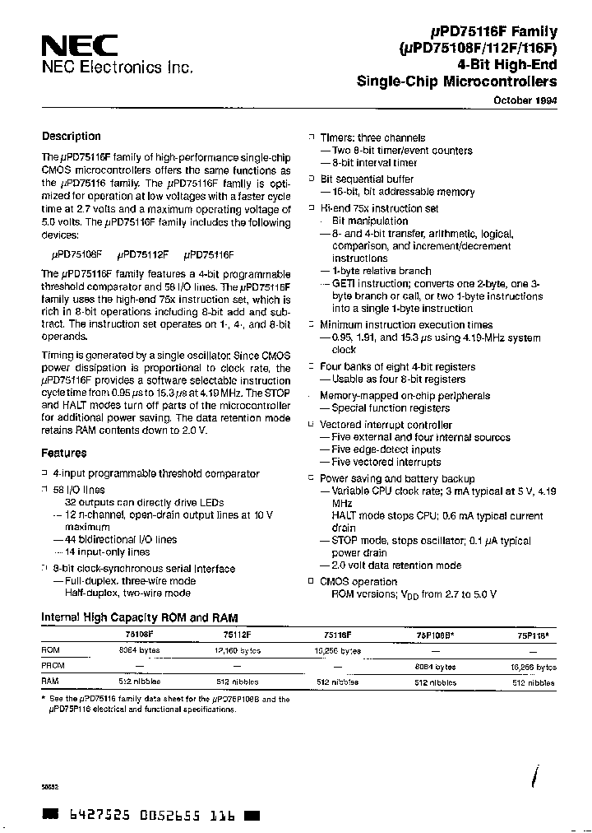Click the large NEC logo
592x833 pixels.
[79, 45]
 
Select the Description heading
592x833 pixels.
[72, 137]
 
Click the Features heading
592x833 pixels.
[64, 453]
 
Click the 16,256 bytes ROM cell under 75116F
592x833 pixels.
[338, 649]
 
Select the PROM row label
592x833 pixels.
[53, 665]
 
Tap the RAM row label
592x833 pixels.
[50, 682]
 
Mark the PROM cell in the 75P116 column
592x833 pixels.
[534, 666]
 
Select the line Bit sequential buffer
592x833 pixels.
[367, 179]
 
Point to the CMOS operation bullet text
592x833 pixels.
[358, 581]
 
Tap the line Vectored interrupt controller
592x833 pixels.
[386, 425]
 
